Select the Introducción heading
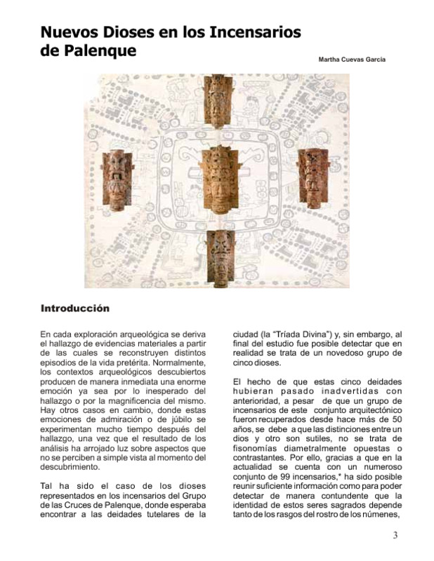click(75, 308)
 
